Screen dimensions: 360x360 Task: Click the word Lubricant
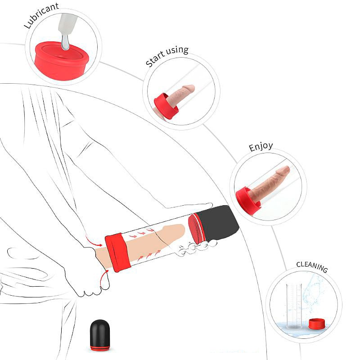[41, 15]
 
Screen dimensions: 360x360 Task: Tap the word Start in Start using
[155, 60]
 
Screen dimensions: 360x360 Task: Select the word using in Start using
[177, 51]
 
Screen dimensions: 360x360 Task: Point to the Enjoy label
[261, 147]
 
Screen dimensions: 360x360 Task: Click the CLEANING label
[312, 267]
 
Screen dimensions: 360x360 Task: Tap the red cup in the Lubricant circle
[62, 61]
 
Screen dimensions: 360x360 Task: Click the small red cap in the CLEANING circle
[317, 324]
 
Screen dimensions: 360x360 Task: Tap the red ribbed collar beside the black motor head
[196, 229]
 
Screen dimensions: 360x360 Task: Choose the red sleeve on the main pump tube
[117, 252]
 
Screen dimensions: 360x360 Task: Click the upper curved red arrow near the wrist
[94, 241]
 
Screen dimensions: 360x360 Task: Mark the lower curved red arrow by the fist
[104, 278]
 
